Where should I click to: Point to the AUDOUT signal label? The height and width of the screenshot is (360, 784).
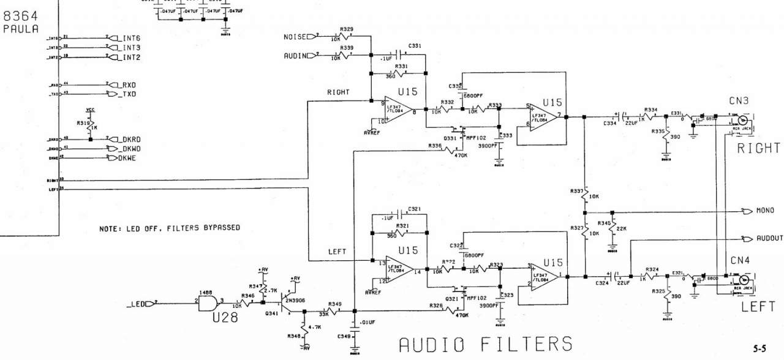click(x=768, y=238)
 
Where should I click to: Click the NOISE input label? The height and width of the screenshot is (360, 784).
click(x=298, y=37)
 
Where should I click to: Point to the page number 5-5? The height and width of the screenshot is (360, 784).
click(x=759, y=349)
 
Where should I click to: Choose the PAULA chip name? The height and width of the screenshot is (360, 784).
click(x=21, y=29)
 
